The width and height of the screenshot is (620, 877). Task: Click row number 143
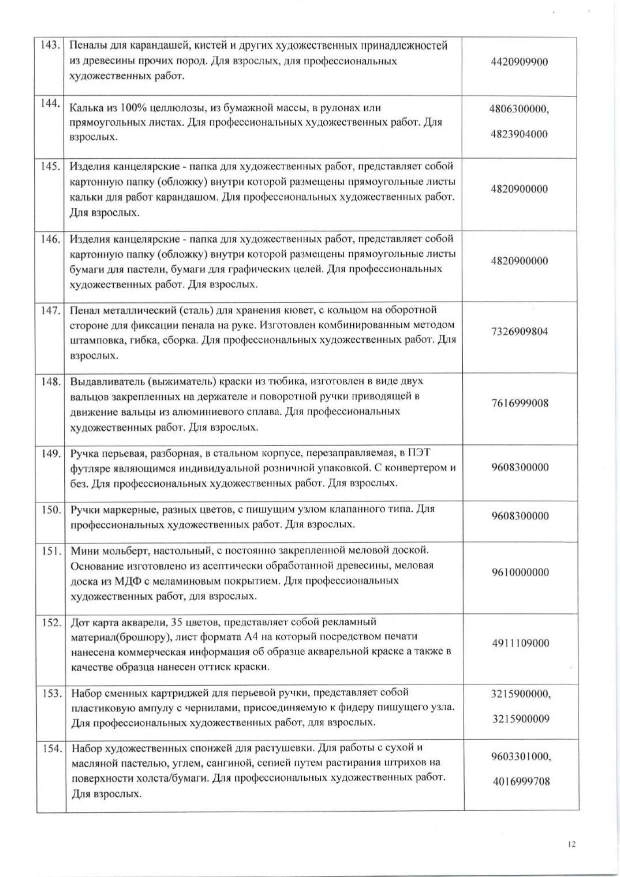click(50, 45)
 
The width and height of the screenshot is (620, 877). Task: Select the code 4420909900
click(519, 62)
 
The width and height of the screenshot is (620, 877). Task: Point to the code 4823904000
click(519, 134)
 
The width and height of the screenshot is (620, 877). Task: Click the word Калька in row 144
click(84, 107)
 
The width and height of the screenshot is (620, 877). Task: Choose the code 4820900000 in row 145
click(519, 189)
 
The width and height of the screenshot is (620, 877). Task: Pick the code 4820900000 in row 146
click(519, 260)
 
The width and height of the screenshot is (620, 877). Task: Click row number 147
click(50, 310)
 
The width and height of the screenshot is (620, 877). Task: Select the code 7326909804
click(520, 331)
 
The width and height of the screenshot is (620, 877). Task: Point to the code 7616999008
click(520, 403)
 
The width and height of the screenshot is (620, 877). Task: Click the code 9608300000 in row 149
click(520, 467)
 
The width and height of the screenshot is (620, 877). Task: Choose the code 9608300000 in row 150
click(520, 516)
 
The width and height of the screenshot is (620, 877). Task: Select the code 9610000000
click(520, 572)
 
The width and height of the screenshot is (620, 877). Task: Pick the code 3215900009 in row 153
click(521, 719)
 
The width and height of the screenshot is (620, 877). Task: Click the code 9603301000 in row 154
click(520, 756)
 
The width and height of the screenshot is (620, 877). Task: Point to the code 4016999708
click(521, 781)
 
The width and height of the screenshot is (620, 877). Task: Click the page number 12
click(572, 844)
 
